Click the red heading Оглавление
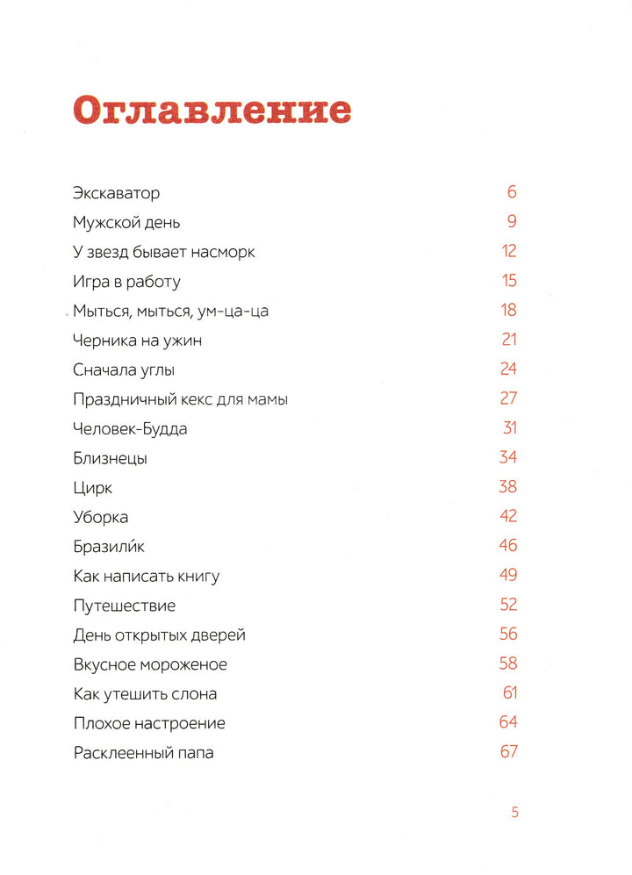[212, 112]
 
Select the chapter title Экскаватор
[117, 193]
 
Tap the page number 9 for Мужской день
[511, 222]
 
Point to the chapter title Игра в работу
[127, 282]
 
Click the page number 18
[509, 310]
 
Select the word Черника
[103, 341]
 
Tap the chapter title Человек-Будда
[131, 429]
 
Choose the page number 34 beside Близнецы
[507, 457]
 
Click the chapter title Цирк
[93, 488]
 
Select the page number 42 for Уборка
[507, 516]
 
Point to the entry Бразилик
[109, 547]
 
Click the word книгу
[197, 577]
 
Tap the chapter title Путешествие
[125, 606]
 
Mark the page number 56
[507, 634]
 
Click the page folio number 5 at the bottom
[515, 813]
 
